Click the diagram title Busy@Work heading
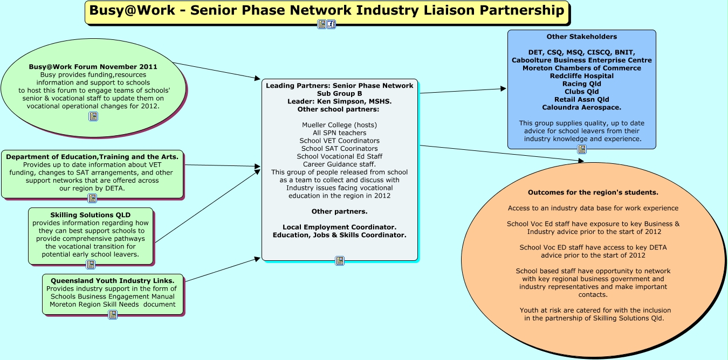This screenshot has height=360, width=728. pos(327,10)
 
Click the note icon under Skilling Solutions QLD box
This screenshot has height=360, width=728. pos(91,265)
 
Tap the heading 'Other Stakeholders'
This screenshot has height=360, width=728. pos(581,37)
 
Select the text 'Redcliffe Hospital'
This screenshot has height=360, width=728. pos(581,76)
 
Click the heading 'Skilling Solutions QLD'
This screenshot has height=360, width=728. pos(90,215)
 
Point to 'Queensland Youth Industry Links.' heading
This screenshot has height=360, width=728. pos(112,281)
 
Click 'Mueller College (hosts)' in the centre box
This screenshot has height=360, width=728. pos(339,125)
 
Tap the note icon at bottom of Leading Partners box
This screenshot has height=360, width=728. pos(340,261)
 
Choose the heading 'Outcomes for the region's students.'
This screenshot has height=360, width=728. pos(593,192)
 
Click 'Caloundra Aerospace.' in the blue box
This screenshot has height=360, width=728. pos(581,107)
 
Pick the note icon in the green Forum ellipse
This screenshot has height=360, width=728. pos(93,116)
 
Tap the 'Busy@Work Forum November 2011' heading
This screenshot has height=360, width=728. pos(93,67)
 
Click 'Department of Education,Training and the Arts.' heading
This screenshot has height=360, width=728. pos(92,157)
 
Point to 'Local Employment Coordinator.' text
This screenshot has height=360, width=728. pos(339,227)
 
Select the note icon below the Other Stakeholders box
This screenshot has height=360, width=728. pos(582,149)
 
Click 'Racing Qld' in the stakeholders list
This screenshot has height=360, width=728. pos(581,84)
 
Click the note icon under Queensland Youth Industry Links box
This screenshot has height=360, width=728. pos(113,315)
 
